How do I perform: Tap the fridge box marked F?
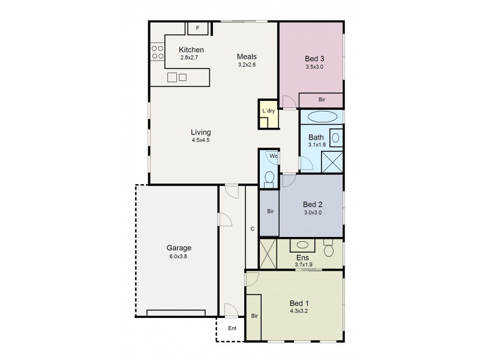coord(197,28)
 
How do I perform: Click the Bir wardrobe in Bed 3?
coord(321,100)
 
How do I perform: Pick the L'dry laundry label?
coord(268,111)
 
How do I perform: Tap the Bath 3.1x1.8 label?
coord(316,140)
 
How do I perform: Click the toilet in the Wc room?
coord(269,178)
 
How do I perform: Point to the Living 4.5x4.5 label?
coord(200,136)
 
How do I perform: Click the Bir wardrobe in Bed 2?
coord(269,212)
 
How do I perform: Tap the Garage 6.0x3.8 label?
coord(179,251)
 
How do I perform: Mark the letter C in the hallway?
coord(253,229)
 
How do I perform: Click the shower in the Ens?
coord(268,253)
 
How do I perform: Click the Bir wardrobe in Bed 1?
coord(254,315)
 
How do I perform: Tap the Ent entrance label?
coord(232,328)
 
